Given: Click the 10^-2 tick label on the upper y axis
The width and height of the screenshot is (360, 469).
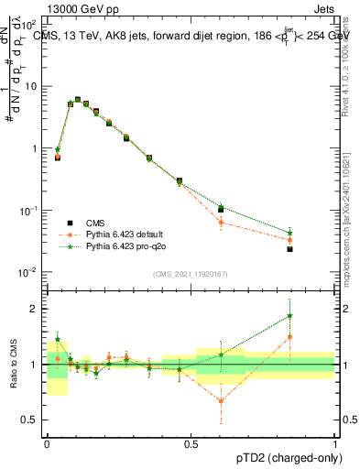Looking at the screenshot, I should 31,273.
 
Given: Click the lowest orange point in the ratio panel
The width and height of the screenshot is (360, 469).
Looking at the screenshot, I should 221,400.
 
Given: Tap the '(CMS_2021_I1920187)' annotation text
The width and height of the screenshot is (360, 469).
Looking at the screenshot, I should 190,273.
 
